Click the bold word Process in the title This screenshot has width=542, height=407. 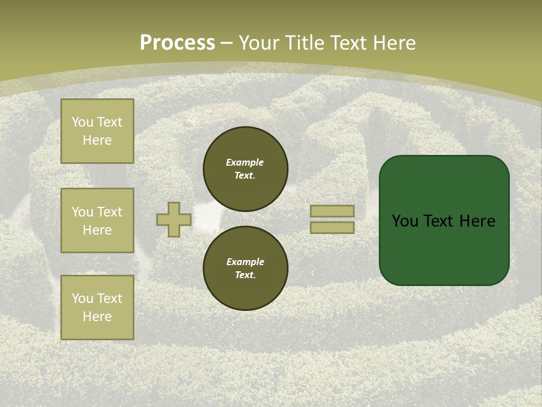pos(177,43)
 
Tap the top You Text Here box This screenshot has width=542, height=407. pos(97,131)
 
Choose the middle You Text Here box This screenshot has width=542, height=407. pos(97,220)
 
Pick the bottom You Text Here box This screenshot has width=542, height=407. pos(97,308)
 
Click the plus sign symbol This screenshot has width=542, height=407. pos(174,219)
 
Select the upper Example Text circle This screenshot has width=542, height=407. pos(245,168)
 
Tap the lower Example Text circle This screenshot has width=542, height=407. pos(245,268)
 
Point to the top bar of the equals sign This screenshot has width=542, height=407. pos(332,211)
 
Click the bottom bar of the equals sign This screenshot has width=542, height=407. pos(332,227)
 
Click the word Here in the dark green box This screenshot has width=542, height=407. pos(477,221)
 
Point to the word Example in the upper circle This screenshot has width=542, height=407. pos(244,162)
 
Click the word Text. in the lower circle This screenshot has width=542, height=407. pos(245,275)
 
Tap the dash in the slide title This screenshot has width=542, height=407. pos(227,44)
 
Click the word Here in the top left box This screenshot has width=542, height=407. pos(97,140)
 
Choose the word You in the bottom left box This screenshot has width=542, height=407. pos(82,298)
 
